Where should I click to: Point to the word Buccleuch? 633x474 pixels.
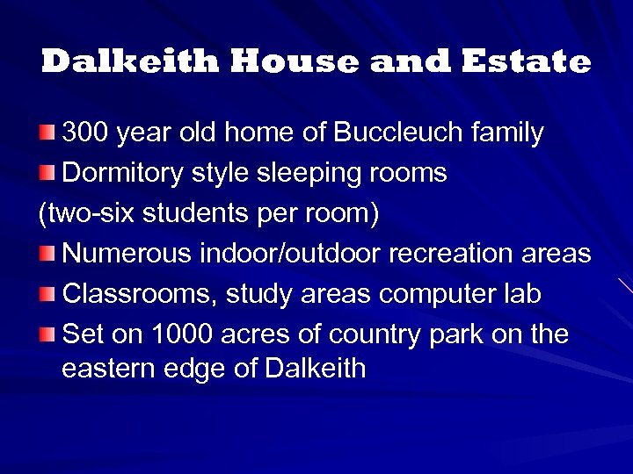coord(402,133)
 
